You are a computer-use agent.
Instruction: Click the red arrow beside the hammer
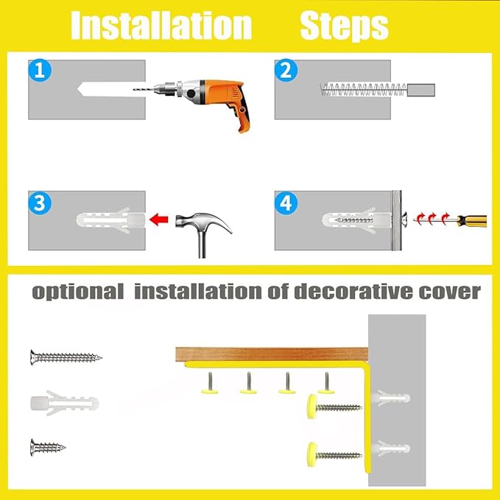(x=159, y=219)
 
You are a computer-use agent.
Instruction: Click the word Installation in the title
(x=161, y=27)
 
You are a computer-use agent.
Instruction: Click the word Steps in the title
(x=344, y=27)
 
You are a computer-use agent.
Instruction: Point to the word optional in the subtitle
(x=78, y=292)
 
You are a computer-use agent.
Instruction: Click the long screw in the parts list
(x=66, y=358)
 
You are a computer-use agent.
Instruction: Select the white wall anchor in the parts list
(x=64, y=403)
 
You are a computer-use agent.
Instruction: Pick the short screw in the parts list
(x=49, y=446)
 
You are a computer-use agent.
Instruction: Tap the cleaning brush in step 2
(x=361, y=91)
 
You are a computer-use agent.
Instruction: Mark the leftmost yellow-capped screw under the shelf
(x=210, y=384)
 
